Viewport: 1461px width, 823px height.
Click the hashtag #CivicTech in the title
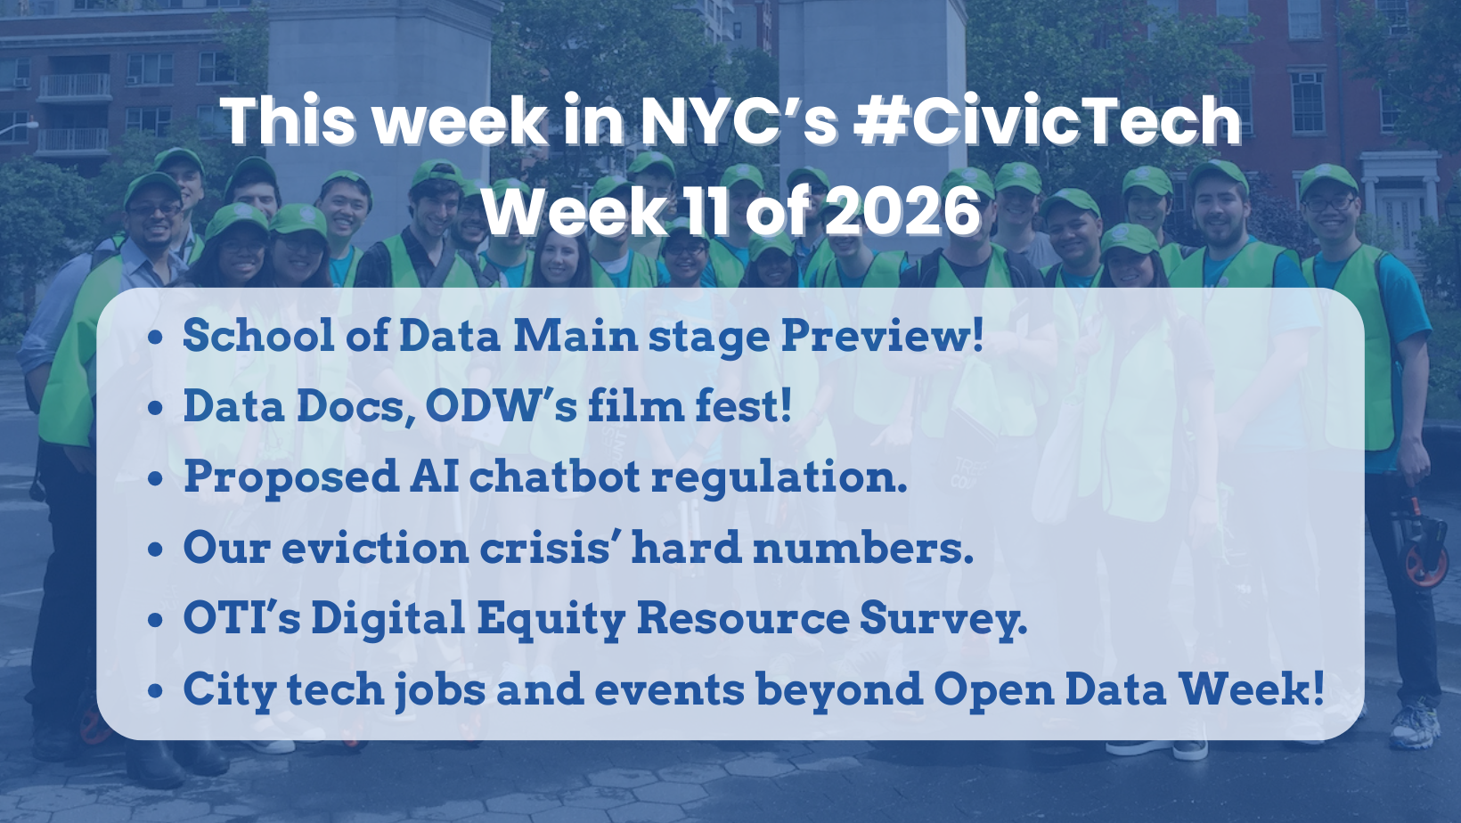(1047, 121)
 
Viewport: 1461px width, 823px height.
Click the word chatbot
(554, 477)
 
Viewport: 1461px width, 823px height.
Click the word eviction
(374, 548)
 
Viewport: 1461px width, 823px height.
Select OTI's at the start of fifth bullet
(241, 618)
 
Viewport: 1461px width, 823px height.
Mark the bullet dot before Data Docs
(156, 409)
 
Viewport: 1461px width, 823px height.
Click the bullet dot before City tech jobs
(156, 691)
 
